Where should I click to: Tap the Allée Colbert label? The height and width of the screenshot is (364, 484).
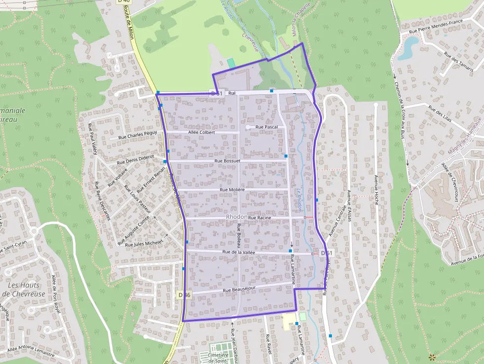point(202,132)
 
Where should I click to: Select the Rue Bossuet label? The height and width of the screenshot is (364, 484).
point(228,161)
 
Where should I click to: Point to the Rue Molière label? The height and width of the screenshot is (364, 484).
point(232,190)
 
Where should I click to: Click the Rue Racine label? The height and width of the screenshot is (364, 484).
point(260,217)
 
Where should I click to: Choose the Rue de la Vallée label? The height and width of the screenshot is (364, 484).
point(239,252)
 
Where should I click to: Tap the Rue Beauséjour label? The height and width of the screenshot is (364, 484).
point(241,290)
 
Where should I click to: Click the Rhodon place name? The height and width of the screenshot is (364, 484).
point(236,217)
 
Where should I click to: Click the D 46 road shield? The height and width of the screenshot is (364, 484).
point(184,295)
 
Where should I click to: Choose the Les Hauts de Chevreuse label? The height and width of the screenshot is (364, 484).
point(24,289)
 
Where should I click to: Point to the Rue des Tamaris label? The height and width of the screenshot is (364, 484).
point(458,63)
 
